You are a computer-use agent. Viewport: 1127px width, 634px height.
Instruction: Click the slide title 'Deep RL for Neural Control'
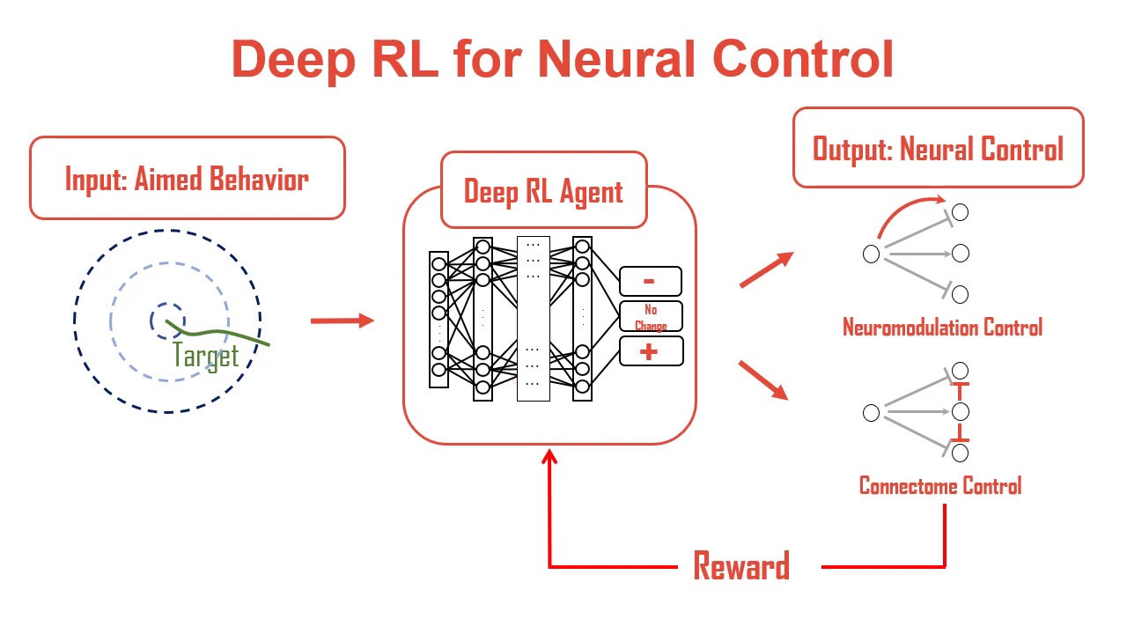pyautogui.click(x=563, y=60)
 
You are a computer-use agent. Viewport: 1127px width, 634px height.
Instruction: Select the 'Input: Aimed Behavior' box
pyautogui.click(x=187, y=179)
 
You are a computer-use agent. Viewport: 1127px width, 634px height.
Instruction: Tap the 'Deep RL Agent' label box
pyautogui.click(x=543, y=191)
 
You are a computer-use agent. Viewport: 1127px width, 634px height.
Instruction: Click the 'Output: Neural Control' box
pyautogui.click(x=938, y=148)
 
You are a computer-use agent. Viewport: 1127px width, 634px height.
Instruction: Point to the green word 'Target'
pyautogui.click(x=206, y=357)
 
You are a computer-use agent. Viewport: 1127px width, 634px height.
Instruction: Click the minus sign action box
pyautogui.click(x=650, y=281)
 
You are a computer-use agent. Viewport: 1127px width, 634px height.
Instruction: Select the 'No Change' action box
pyautogui.click(x=650, y=317)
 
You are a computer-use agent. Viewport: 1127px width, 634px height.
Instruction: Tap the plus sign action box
pyautogui.click(x=650, y=351)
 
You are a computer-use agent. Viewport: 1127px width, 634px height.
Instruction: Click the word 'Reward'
pyautogui.click(x=741, y=566)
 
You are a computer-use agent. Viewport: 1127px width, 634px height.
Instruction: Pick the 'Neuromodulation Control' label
pyautogui.click(x=942, y=328)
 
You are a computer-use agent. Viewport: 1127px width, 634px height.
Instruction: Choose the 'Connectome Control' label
pyautogui.click(x=940, y=486)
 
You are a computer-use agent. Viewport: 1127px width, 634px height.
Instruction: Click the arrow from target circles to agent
pyautogui.click(x=343, y=321)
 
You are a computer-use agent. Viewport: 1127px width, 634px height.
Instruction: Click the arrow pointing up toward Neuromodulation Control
pyautogui.click(x=765, y=270)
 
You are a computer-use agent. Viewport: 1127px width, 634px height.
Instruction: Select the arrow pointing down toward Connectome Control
pyautogui.click(x=762, y=380)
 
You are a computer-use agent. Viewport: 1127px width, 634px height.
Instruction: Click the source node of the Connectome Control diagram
pyautogui.click(x=871, y=412)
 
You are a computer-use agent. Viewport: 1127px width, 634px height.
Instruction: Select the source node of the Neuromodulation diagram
pyautogui.click(x=871, y=254)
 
